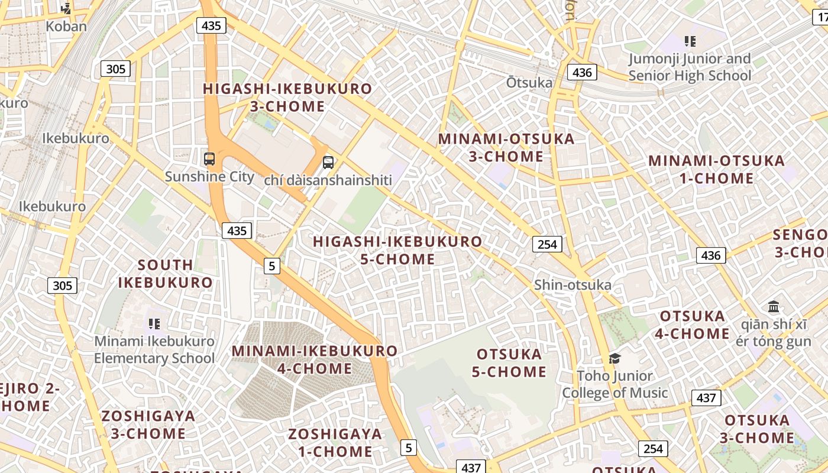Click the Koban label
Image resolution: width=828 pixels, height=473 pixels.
pos(66,26)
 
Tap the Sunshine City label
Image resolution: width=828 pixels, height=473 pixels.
pos(209,176)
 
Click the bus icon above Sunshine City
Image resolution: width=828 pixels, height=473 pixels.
pos(209,158)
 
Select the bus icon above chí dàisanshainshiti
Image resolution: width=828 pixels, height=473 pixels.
pos(328,162)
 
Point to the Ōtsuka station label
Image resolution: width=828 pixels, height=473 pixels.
pos(529,83)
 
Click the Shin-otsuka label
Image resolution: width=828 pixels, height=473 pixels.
pos(573,285)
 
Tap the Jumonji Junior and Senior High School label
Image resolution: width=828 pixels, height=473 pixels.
pos(690,67)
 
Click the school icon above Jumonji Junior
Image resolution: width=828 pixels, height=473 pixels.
pos(690,41)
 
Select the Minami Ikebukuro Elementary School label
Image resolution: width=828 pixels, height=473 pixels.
pos(154,349)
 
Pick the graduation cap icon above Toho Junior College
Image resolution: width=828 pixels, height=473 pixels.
pos(615,358)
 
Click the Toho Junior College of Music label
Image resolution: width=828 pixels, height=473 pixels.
pos(615,384)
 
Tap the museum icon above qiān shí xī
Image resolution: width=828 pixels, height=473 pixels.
pos(774,307)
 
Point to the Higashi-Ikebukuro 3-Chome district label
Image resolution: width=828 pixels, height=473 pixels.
pos(287,98)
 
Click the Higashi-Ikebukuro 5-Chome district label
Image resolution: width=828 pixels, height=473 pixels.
pos(397,250)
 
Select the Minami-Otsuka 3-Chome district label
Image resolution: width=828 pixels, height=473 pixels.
pos(506,148)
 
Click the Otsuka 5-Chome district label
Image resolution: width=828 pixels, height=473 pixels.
pos(510,363)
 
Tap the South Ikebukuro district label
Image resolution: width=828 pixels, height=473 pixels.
pos(165,273)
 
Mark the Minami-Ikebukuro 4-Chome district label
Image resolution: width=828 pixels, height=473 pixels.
pos(315,359)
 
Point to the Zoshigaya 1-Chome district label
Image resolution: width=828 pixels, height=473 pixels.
pos(335,443)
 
